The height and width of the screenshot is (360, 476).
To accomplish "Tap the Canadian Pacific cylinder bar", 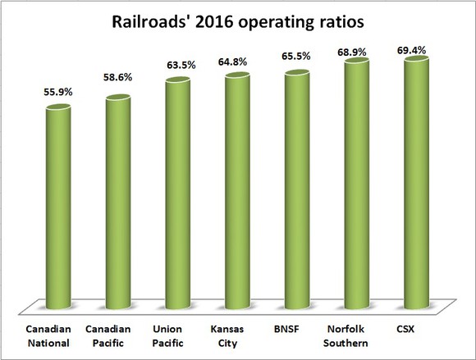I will [118, 201].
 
